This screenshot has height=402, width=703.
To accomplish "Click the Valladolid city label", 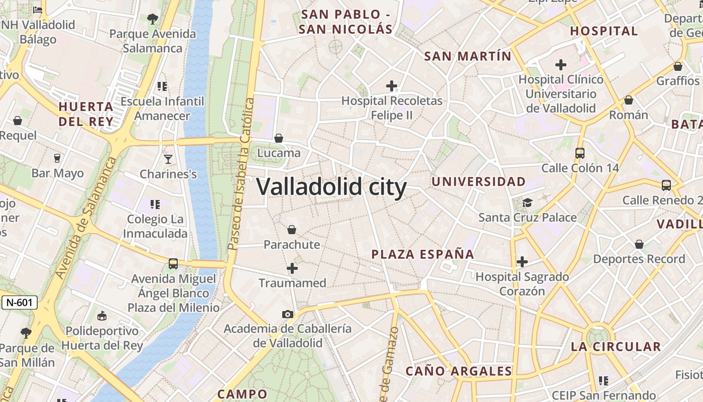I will [331, 187].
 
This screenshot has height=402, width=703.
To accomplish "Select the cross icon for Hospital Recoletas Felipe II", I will [392, 86].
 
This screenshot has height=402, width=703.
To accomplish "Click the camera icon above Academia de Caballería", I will [288, 315].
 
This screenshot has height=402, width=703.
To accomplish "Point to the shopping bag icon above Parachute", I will [292, 230].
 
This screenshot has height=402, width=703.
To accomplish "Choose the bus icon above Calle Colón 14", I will [580, 153].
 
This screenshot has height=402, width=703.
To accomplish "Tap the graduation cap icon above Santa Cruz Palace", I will [527, 203].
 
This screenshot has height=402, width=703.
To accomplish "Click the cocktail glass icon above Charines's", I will [168, 159].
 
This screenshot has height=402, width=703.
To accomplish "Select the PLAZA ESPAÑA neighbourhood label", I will [423, 254].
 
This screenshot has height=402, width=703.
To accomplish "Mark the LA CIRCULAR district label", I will [616, 347].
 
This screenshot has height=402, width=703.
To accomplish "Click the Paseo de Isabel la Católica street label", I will [242, 173].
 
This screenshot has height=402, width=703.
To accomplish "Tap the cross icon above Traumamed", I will [292, 268].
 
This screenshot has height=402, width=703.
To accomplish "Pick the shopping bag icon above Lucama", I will [279, 138].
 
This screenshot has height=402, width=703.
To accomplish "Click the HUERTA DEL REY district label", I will [86, 114].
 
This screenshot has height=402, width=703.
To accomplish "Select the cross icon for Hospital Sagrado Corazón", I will [522, 262].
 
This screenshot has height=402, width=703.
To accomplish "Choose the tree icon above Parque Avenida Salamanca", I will [153, 19].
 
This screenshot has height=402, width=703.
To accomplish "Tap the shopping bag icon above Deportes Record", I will [639, 244].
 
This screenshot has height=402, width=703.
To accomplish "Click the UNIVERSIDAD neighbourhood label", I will [479, 181].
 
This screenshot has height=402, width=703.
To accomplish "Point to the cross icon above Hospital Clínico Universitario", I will [561, 65].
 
